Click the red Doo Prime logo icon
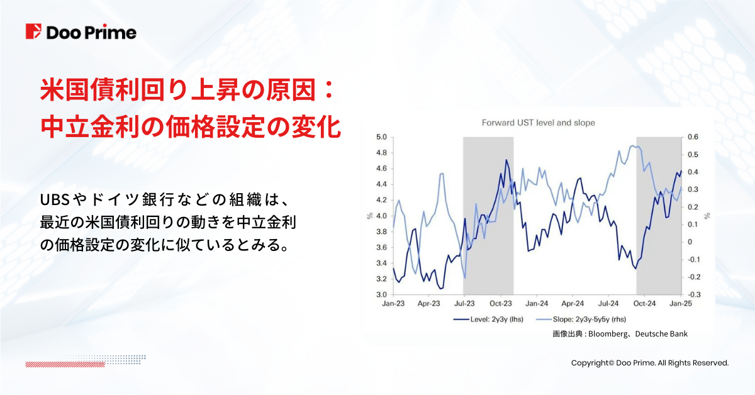tap(33, 32)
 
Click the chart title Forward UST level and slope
tap(538, 123)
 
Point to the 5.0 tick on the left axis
tap(381, 137)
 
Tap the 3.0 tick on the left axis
tap(381, 294)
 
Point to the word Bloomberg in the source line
tap(610, 334)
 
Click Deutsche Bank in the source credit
tap(664, 334)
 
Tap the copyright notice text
tap(649, 363)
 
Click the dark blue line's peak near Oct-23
tap(506, 160)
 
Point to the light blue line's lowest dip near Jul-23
tap(464, 277)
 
